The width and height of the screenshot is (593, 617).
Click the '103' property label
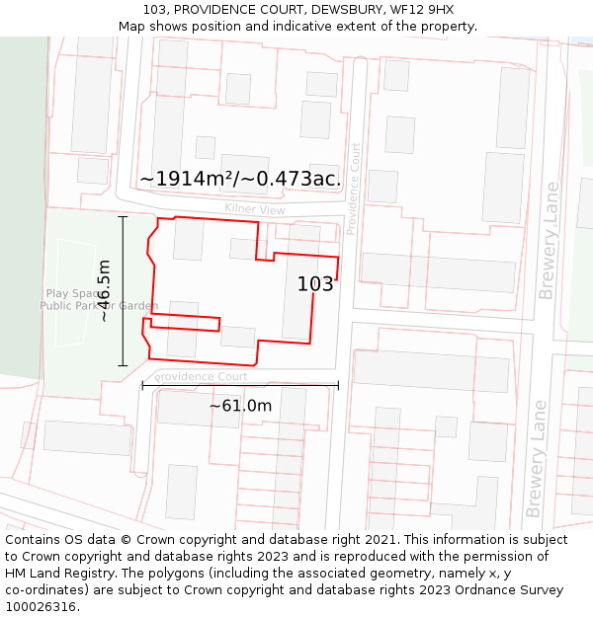click(x=315, y=284)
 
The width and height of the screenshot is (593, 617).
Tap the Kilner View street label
click(x=254, y=209)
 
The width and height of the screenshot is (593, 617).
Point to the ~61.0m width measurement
click(x=240, y=406)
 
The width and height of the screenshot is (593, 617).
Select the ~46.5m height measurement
click(x=104, y=290)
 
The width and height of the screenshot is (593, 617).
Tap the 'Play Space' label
click(x=70, y=293)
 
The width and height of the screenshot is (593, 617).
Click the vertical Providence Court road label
click(x=354, y=188)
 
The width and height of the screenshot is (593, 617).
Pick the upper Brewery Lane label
click(x=549, y=241)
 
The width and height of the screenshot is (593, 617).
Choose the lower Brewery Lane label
click(x=536, y=458)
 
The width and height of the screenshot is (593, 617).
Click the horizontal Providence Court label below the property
click(x=202, y=377)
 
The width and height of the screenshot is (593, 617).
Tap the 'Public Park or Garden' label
click(x=98, y=306)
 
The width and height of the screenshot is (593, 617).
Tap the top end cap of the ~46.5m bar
click(x=124, y=216)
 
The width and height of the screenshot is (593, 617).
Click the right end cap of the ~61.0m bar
click(x=338, y=385)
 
